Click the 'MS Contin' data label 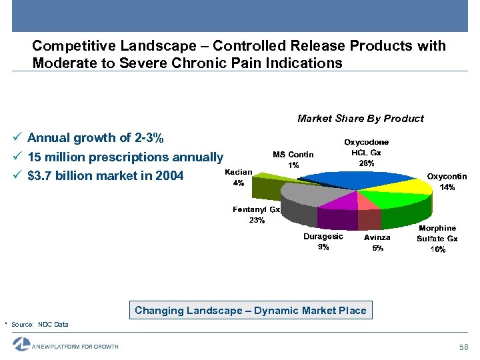(x=293, y=155)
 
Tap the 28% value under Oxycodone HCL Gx (x=366, y=163)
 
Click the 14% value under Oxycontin (x=447, y=187)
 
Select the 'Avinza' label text (x=377, y=237)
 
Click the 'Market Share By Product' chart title (x=360, y=119)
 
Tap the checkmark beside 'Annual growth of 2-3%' (x=17, y=139)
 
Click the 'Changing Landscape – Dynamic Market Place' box (x=250, y=310)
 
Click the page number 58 (x=464, y=347)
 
